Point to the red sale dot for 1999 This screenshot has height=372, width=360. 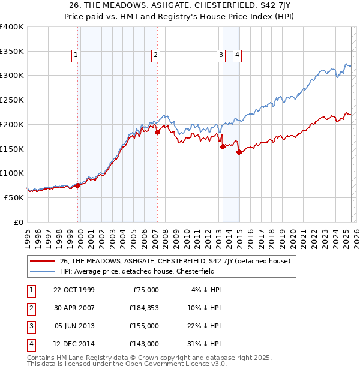78,185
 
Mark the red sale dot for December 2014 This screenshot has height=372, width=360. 239,152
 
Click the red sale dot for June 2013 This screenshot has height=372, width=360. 223,146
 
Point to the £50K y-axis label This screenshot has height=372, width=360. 14,197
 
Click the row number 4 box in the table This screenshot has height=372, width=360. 29,344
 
